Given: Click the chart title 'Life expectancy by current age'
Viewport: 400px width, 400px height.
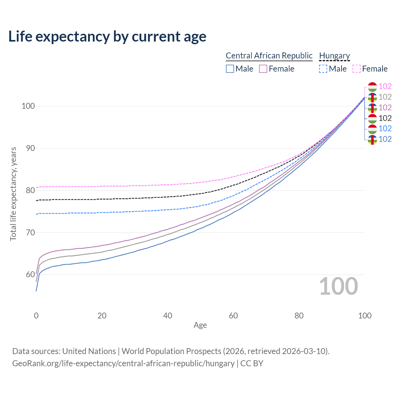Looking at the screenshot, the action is click(x=107, y=37).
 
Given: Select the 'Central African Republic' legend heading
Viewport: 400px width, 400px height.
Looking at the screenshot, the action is click(x=269, y=56).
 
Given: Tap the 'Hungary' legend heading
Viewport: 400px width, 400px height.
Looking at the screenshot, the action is click(x=334, y=56).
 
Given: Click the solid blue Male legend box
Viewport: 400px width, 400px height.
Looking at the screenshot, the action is click(x=230, y=69).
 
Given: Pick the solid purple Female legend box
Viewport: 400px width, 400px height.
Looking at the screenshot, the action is click(x=263, y=69).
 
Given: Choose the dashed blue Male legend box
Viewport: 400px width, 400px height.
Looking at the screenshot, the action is click(x=323, y=69).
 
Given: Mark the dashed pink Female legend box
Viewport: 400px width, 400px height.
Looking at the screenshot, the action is click(x=357, y=69).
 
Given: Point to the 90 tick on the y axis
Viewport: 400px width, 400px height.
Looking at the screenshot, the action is click(x=30, y=148).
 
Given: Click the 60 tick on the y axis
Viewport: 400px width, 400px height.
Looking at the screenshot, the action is click(x=30, y=274).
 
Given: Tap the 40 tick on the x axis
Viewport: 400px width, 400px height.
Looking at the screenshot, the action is click(x=167, y=316).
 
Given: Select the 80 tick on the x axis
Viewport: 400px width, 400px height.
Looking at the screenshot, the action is click(x=299, y=316).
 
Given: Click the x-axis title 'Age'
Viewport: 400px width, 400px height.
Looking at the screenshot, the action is click(x=200, y=325).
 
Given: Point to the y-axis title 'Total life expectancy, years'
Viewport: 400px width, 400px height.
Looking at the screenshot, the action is click(x=13, y=194).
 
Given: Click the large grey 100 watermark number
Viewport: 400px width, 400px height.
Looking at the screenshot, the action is click(x=338, y=286).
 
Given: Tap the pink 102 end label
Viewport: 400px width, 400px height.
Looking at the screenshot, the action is click(x=385, y=86).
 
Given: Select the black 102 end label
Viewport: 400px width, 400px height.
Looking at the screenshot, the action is click(x=385, y=118).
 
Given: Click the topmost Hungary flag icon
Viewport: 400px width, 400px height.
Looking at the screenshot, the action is click(x=372, y=87).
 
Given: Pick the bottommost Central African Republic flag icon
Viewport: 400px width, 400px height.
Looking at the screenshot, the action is click(x=372, y=140).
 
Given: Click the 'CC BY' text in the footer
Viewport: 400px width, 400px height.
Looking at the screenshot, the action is click(x=252, y=363).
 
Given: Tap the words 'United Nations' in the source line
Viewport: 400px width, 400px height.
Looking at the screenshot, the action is click(x=89, y=351).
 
